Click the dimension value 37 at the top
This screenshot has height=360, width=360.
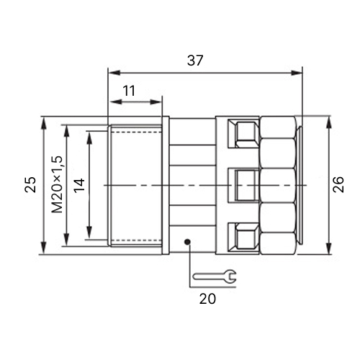tap(195, 60)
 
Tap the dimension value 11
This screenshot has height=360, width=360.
tap(129, 91)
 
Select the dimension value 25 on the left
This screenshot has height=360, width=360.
tap(30, 184)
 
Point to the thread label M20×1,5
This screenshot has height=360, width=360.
tap(57, 184)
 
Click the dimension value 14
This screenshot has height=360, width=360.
tap(79, 185)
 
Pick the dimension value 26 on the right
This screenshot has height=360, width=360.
tap(338, 184)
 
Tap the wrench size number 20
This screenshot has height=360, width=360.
tap(207, 299)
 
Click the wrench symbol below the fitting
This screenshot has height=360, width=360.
tap(215, 276)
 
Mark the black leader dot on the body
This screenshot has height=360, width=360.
tap(187, 242)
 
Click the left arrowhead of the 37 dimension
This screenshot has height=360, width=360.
tap(114, 73)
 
